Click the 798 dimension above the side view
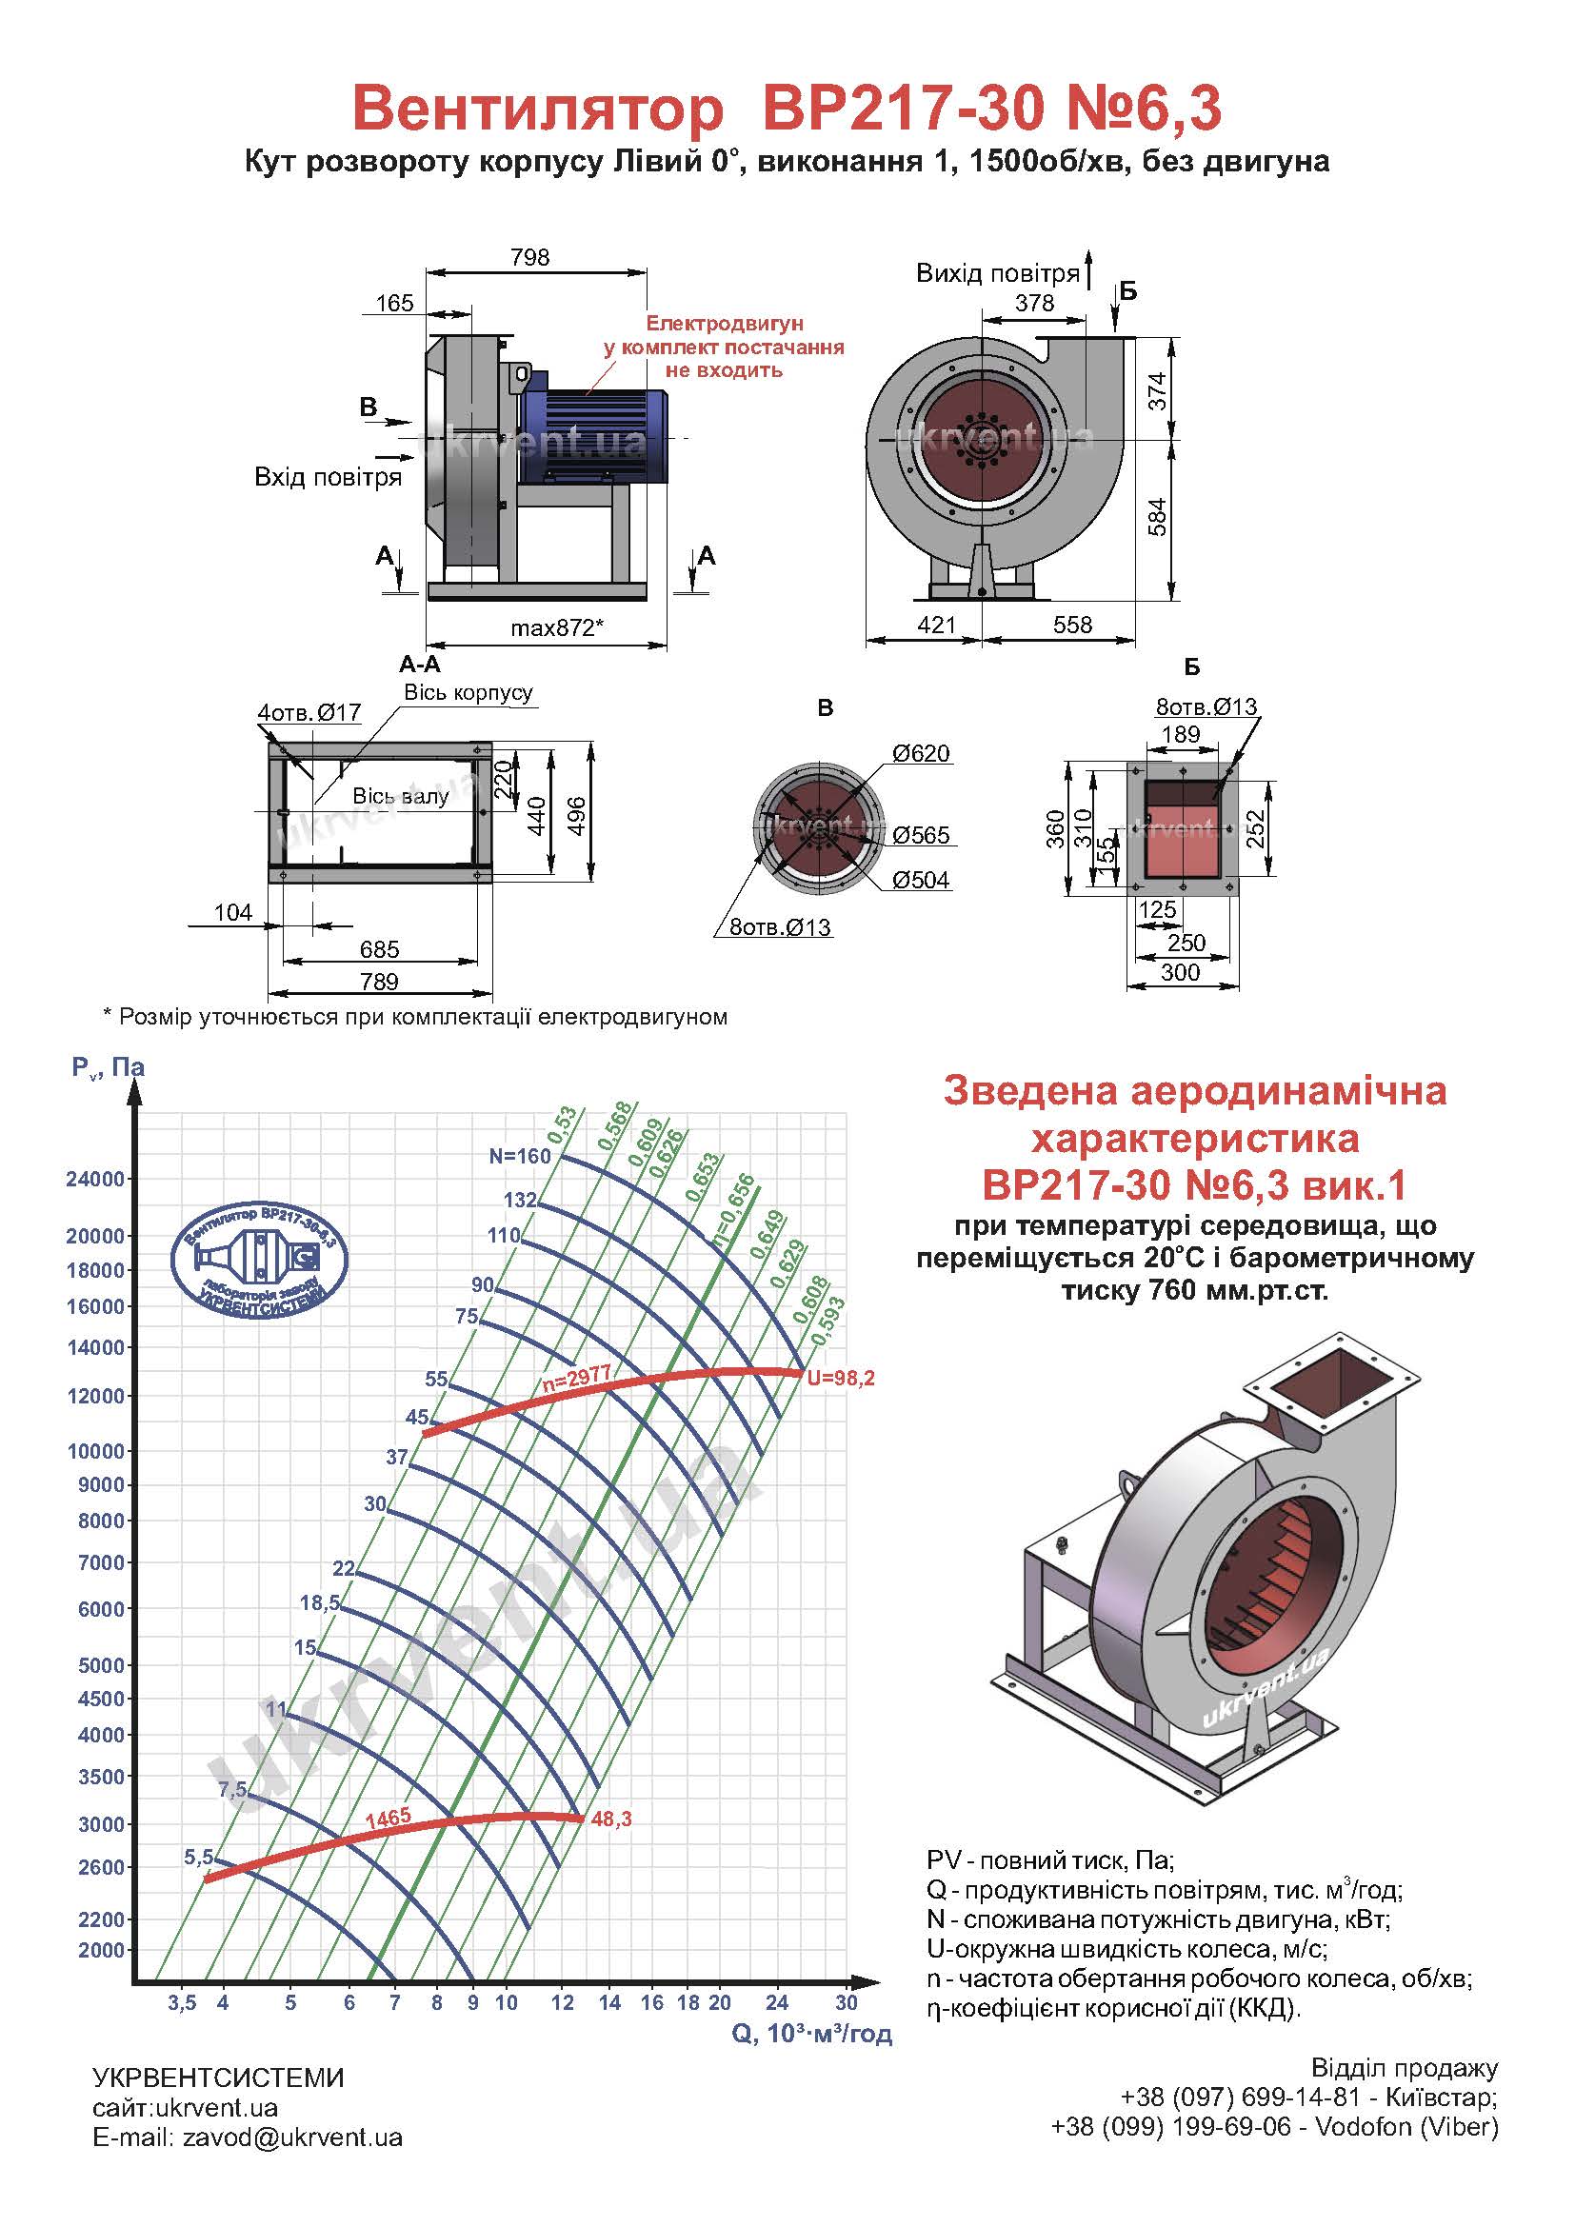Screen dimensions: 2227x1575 pyautogui.click(x=529, y=257)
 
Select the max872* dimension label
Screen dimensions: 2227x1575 pyautogui.click(x=557, y=627)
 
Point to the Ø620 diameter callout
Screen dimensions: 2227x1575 pyautogui.click(x=921, y=754)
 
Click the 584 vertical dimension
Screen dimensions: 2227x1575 pyautogui.click(x=1157, y=517)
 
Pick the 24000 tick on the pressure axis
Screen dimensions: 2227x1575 pyautogui.click(x=95, y=1180)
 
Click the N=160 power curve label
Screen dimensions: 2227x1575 pyautogui.click(x=520, y=1155)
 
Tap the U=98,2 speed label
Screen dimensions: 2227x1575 pyautogui.click(x=841, y=1379)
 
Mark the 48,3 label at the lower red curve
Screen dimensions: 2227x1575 pyautogui.click(x=611, y=1819)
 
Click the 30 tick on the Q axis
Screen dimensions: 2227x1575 pyautogui.click(x=847, y=2002)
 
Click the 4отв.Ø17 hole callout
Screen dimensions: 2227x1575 pyautogui.click(x=309, y=713)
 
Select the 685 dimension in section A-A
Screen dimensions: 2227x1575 pyautogui.click(x=379, y=949)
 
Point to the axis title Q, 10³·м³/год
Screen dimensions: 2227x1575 pyautogui.click(x=811, y=2034)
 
